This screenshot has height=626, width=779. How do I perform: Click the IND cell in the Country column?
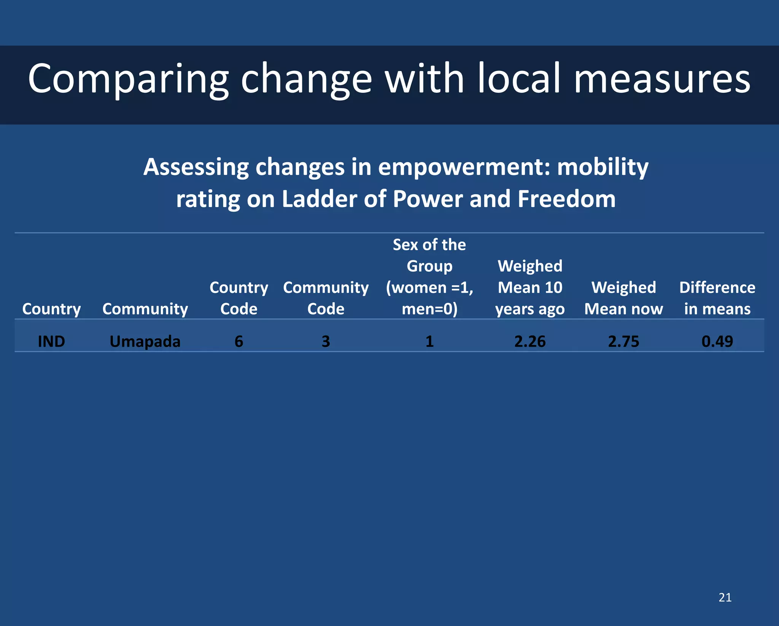(x=51, y=341)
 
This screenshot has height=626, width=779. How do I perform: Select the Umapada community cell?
(x=145, y=341)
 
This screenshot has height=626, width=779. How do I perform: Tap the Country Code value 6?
(x=239, y=341)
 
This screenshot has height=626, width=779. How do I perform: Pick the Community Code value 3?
(x=326, y=341)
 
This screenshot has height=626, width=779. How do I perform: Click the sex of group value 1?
(x=429, y=341)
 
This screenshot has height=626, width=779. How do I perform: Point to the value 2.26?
(x=530, y=341)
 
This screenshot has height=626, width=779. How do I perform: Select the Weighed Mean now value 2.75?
(x=623, y=341)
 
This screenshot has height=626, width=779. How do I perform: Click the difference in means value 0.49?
(x=717, y=341)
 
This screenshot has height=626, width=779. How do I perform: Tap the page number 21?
(x=725, y=597)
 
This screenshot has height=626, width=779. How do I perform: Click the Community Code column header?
(x=326, y=298)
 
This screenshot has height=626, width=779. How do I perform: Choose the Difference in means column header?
(x=717, y=298)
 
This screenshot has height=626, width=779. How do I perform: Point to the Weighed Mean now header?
(x=623, y=298)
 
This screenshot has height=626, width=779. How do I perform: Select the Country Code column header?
(x=239, y=298)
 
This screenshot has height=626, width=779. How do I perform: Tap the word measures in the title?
(x=662, y=79)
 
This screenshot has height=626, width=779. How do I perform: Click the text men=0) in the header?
(x=429, y=309)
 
